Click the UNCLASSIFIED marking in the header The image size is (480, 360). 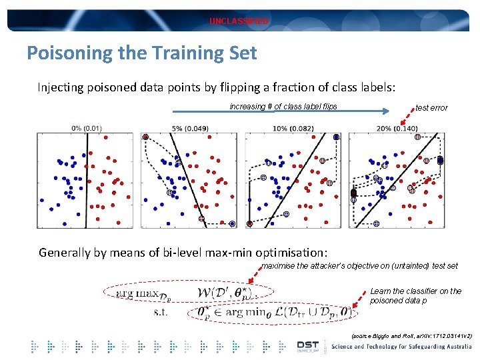tap(239, 21)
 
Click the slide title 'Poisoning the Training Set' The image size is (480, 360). tap(141, 53)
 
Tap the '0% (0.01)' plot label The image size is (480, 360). tap(87, 128)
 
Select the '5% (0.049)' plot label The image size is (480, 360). tap(190, 128)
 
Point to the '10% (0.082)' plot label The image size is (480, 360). tap(293, 128)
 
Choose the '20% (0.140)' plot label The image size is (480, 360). tap(397, 128)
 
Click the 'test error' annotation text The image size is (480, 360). tap(431, 107)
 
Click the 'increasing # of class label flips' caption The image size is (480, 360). tap(283, 107)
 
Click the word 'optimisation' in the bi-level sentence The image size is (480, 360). tap(287, 253)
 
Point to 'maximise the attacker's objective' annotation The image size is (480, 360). tap(359, 266)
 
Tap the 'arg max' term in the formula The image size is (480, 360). tap(137, 292)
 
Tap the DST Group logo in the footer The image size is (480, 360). tap(307, 346)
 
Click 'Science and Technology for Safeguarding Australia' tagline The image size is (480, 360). tap(403, 346)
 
